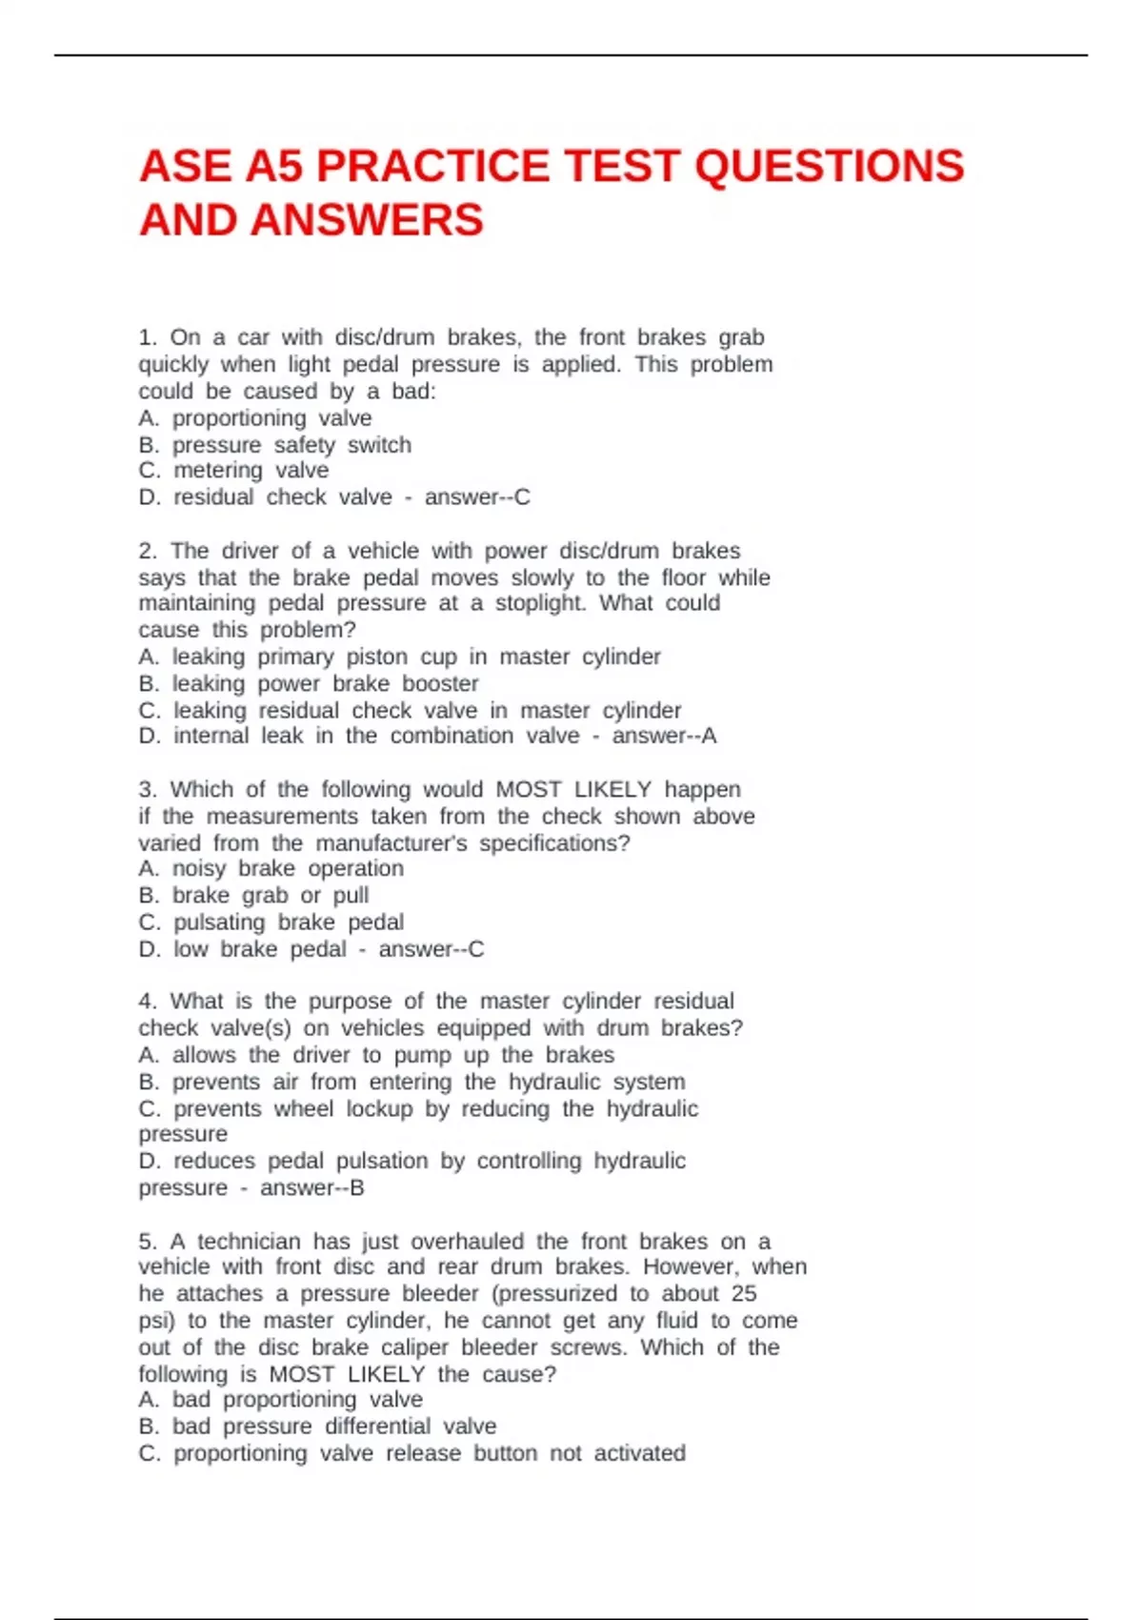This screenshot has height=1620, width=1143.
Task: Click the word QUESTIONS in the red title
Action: (x=829, y=166)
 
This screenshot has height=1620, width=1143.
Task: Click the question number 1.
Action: (x=148, y=337)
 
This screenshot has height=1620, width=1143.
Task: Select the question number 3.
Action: (x=148, y=789)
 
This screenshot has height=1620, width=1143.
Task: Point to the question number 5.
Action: (x=148, y=1241)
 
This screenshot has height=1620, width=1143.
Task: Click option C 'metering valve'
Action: (x=233, y=471)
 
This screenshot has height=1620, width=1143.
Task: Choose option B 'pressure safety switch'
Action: (x=275, y=445)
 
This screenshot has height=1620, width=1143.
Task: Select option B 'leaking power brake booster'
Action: (x=309, y=683)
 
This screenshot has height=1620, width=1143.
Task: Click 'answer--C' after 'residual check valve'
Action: (x=477, y=497)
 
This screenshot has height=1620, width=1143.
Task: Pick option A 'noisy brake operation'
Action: (x=271, y=868)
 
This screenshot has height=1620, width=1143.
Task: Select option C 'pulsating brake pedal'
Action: (x=271, y=922)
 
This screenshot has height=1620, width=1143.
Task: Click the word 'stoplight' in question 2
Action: (x=540, y=603)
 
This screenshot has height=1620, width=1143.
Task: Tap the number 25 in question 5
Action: (x=744, y=1293)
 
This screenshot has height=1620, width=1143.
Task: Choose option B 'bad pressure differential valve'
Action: (x=317, y=1427)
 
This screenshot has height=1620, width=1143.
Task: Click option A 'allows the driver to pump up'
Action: (x=376, y=1055)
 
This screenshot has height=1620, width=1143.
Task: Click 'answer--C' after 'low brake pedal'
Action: (x=431, y=949)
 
